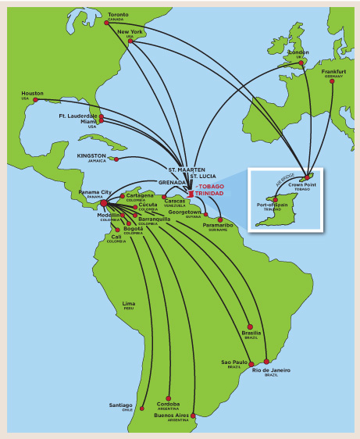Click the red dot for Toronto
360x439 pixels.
pos(107,23)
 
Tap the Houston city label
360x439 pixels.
pos(32,93)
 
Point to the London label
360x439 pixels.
pos(298,52)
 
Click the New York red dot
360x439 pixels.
pos(130,41)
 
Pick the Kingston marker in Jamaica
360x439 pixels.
pos(116,159)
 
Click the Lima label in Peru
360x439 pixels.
pos(129,303)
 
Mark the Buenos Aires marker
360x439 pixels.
pos(193,416)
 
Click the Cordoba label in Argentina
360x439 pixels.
pos(168,403)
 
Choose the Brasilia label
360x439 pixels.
pos(251,333)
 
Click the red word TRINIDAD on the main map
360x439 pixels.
pos(209,193)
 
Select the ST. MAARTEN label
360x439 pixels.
pos(187,169)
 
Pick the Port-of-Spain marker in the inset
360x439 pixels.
pos(275,200)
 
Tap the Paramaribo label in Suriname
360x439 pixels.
pos(218,225)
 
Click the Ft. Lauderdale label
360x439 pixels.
pos(78,115)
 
